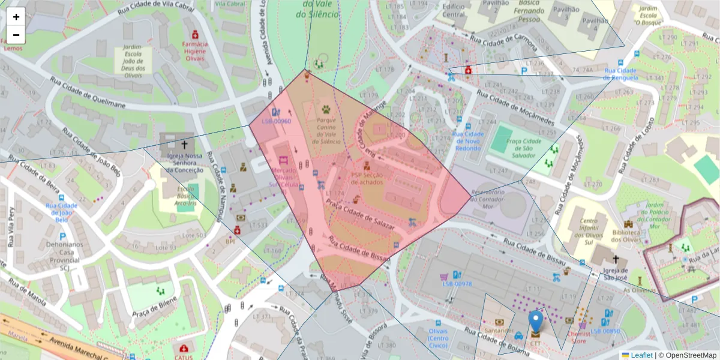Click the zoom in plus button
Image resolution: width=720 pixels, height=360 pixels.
tap(16, 17)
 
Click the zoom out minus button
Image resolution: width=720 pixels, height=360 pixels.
tap(16, 35)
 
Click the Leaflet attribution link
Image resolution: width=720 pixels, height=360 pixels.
tap(641, 355)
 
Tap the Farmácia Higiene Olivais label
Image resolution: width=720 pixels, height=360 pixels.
tap(195, 52)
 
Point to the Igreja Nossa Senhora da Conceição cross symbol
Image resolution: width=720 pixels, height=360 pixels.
tap(184, 145)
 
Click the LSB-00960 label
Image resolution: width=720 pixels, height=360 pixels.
tap(276, 121)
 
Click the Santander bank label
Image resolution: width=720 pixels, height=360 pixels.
tap(499, 331)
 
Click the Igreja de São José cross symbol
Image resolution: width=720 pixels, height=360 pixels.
tap(616, 260)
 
